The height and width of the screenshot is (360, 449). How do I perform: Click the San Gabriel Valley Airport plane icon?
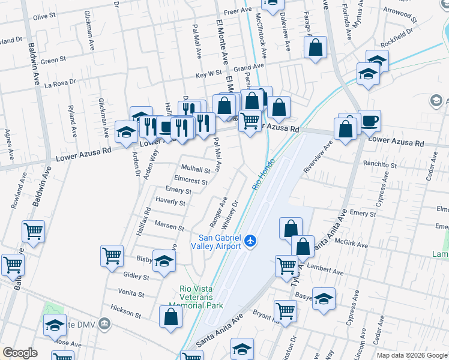(250, 241)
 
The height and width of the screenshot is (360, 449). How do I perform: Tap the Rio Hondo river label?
(264, 175)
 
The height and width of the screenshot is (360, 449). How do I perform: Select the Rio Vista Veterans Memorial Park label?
(200, 297)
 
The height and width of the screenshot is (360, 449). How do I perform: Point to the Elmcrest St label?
(190, 181)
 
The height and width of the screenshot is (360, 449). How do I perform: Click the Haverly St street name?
(170, 202)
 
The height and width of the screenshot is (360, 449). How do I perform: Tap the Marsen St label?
(169, 227)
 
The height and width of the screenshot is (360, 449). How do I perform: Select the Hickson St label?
(126, 314)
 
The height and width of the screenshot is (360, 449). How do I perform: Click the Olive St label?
(44, 17)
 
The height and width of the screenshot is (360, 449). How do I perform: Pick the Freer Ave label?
(237, 11)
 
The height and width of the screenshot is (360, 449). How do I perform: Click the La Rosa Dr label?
(60, 82)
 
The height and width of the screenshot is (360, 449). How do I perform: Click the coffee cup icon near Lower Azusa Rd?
(369, 120)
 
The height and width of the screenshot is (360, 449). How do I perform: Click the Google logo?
(20, 353)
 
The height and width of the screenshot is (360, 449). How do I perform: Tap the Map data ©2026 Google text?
(412, 355)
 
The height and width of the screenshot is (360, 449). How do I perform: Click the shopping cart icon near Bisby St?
(112, 256)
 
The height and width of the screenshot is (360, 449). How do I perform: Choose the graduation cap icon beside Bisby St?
(164, 260)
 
